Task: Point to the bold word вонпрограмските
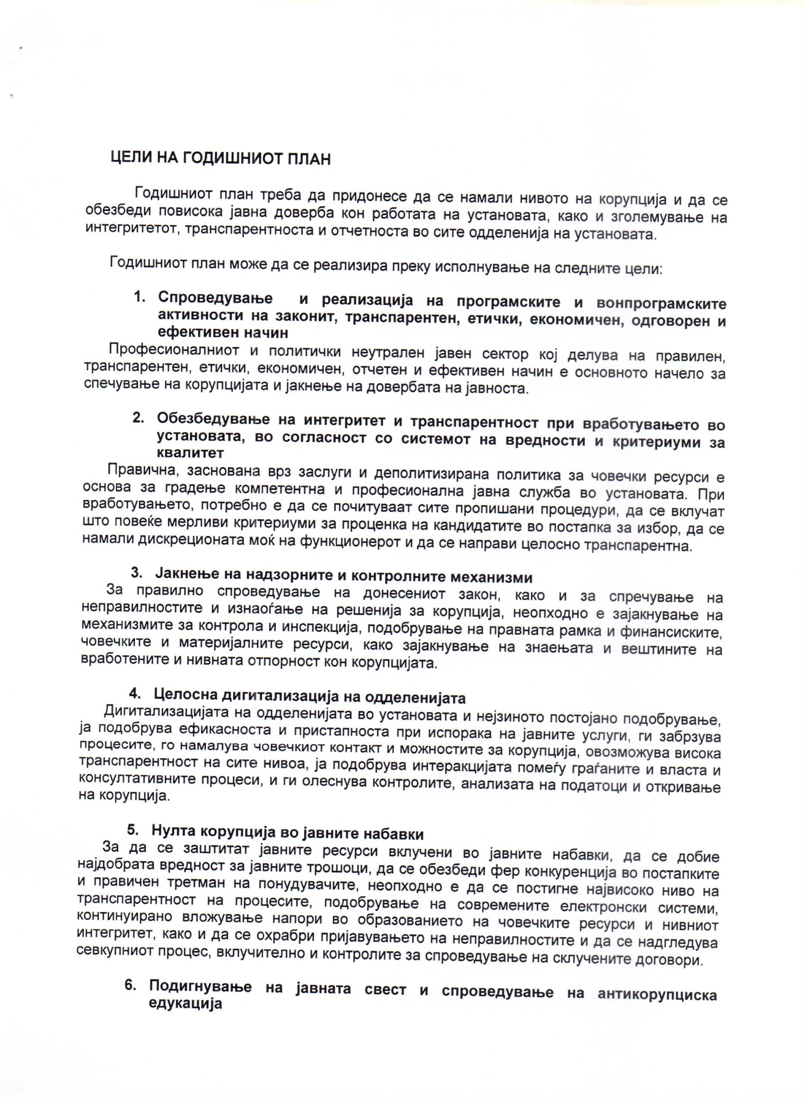pyautogui.click(x=661, y=303)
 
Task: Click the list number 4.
pyautogui.click(x=136, y=693)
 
